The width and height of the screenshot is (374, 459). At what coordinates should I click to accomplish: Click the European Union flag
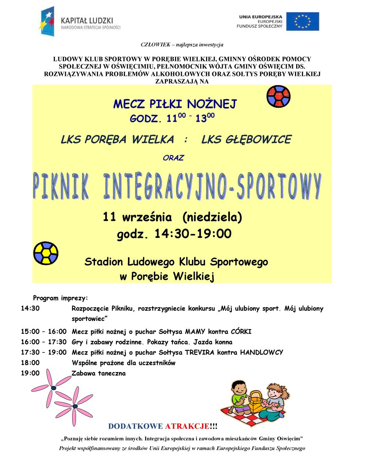[x=303, y=21]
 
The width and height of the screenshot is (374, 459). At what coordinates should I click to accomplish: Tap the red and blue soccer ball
[x=278, y=96]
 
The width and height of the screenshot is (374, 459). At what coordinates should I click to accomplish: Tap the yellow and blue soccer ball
[x=46, y=253]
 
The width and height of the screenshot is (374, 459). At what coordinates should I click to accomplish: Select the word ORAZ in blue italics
[x=173, y=158]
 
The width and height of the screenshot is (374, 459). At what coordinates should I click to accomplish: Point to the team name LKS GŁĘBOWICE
[x=246, y=140]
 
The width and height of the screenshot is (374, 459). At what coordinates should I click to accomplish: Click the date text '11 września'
[x=137, y=217]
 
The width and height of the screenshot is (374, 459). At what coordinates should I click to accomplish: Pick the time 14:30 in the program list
[x=30, y=309]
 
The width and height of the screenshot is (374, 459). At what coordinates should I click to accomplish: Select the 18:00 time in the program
[x=30, y=363]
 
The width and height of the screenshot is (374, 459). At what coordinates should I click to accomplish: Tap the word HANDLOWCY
[x=261, y=352]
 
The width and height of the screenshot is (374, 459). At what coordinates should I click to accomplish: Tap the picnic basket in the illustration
[x=256, y=401]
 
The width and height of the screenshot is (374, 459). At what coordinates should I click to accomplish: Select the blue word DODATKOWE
[x=135, y=426]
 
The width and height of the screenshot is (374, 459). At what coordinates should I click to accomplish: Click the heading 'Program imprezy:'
[x=61, y=298]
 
